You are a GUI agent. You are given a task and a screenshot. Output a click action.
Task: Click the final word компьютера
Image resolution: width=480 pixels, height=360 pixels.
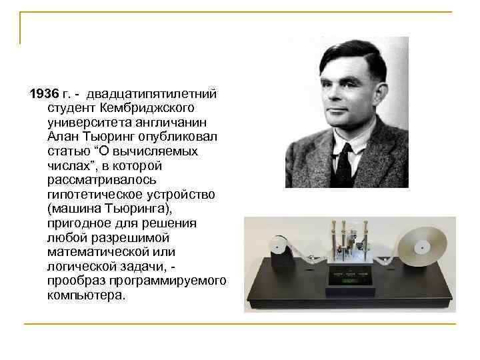click(x=85, y=297)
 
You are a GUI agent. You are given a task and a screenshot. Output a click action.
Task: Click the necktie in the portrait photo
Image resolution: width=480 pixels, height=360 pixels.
click(x=345, y=165)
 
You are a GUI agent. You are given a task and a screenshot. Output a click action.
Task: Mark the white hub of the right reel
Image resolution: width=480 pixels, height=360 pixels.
click(x=421, y=247)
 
